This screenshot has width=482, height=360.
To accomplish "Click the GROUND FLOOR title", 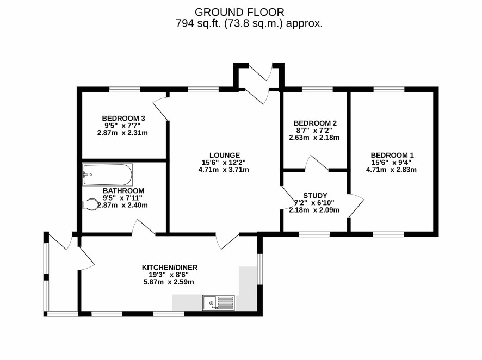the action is pos(239,13).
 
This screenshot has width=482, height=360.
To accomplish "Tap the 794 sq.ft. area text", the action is pos(249,23).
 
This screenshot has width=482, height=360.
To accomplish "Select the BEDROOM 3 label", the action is pos(123,118).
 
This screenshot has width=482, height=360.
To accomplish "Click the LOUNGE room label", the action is pos(224,155).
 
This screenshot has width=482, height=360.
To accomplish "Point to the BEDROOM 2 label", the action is pos(315,123).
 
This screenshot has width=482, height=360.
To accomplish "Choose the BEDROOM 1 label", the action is pos(392,155).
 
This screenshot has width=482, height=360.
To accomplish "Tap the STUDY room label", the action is pos(315,196).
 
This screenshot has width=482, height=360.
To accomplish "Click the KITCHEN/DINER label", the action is pos(169,268).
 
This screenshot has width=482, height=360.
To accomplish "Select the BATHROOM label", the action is pos(123,191).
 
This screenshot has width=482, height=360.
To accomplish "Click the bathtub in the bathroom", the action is pos(108,175).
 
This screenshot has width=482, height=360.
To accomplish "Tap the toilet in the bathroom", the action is pos(90,204).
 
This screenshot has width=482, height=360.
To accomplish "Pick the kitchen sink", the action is pos(218,302).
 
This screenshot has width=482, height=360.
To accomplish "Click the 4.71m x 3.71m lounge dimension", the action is pos(224,170).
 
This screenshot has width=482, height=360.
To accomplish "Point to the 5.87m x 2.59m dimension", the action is pos(169,282).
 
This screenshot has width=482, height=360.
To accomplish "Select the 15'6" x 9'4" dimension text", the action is pos(391,163).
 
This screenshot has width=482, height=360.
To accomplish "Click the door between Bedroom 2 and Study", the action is pos(317,163).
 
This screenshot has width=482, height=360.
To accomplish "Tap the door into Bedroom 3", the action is pos(160,108).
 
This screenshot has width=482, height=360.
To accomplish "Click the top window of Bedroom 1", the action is pos(389,90).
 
